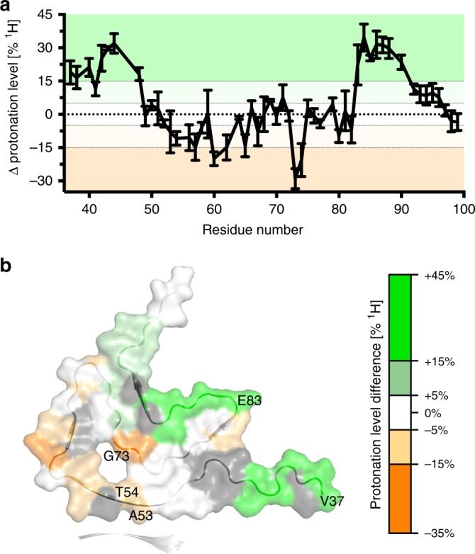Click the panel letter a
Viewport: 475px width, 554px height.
click(6, 7)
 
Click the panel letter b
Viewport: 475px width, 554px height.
click(6, 247)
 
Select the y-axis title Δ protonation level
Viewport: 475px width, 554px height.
click(13, 103)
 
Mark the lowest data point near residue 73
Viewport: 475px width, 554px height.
click(295, 189)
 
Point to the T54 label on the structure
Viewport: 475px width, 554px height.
click(128, 490)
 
